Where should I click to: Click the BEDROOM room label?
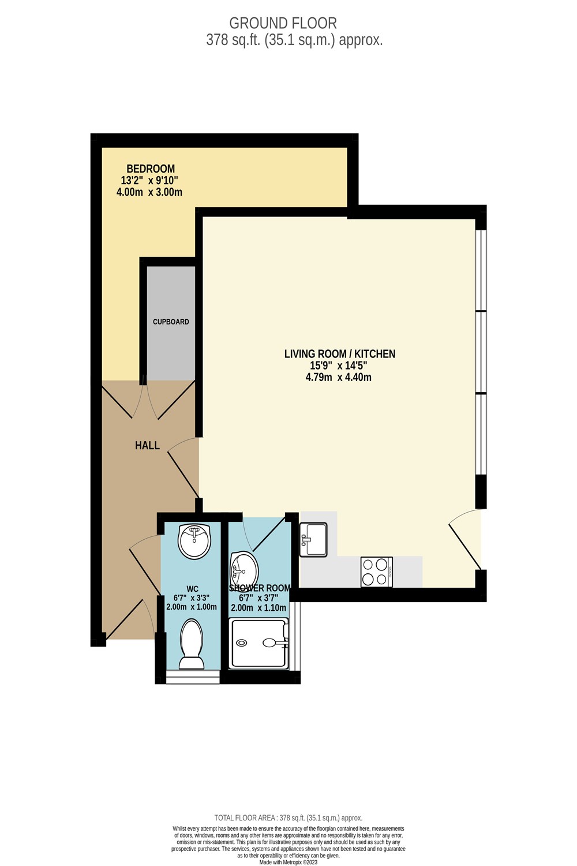(x=150, y=169)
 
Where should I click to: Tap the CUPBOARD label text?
(x=171, y=322)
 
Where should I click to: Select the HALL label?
(x=147, y=445)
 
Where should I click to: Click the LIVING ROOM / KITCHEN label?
(x=339, y=354)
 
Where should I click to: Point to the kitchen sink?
(x=313, y=539)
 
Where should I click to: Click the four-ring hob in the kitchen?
(x=376, y=572)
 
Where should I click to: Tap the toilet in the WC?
(x=192, y=644)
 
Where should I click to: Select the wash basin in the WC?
(x=194, y=541)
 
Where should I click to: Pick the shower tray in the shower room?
(x=258, y=643)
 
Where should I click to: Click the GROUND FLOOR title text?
(x=283, y=23)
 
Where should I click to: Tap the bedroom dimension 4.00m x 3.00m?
(x=149, y=192)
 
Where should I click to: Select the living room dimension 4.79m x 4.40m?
(x=338, y=377)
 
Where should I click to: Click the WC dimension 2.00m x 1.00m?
(x=192, y=607)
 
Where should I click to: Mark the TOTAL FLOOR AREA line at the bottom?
(x=288, y=818)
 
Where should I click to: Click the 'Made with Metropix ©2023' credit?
(x=288, y=862)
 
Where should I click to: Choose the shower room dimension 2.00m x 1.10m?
(x=258, y=608)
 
